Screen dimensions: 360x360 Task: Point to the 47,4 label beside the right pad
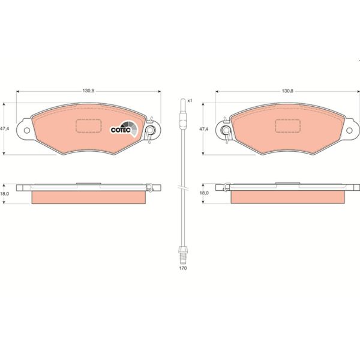click(x=204, y=128)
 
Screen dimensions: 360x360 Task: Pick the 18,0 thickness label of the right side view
click(x=204, y=194)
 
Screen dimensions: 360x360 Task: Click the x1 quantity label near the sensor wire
click(x=189, y=100)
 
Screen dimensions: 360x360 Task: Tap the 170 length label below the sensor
click(x=183, y=268)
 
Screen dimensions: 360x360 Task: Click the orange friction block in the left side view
click(x=88, y=197)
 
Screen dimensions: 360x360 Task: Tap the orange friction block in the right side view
click(x=287, y=197)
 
